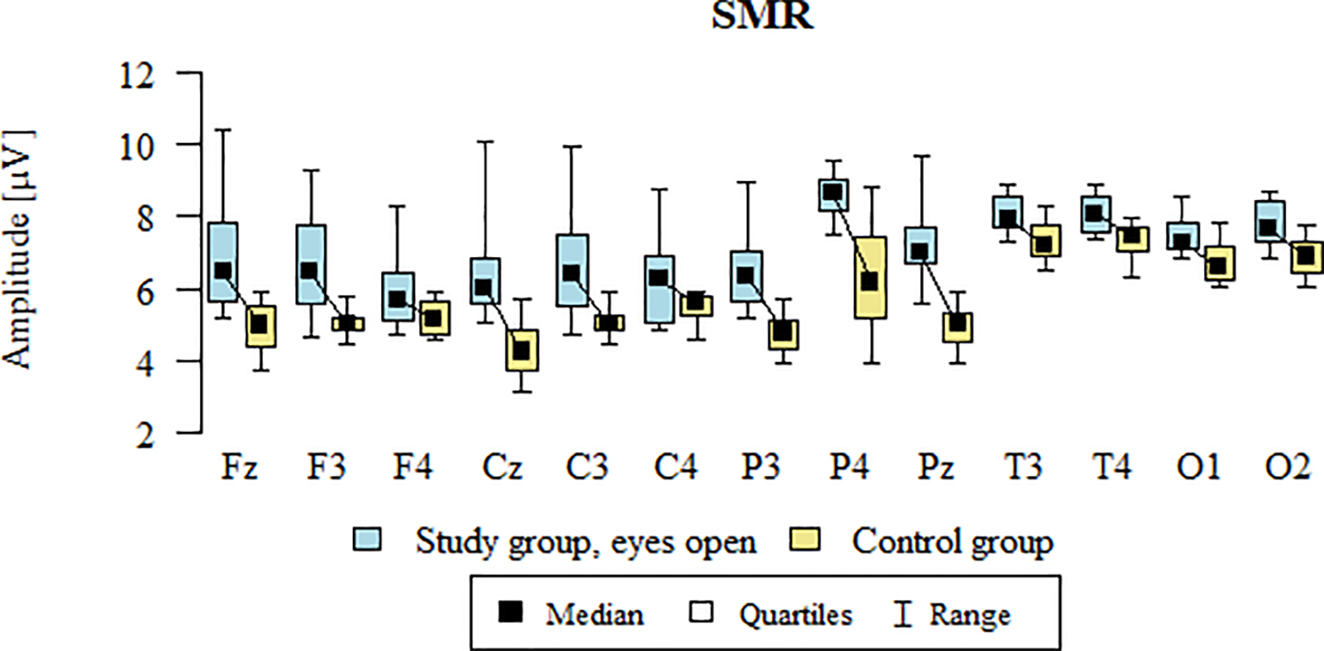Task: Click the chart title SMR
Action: coord(762,16)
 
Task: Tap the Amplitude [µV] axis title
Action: coord(18,250)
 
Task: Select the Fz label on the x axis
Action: coord(239,471)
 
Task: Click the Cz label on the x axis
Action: coord(499,471)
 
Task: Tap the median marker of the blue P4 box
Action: coord(832,192)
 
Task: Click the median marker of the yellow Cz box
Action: coord(521,351)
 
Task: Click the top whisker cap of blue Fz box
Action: coord(223,130)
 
